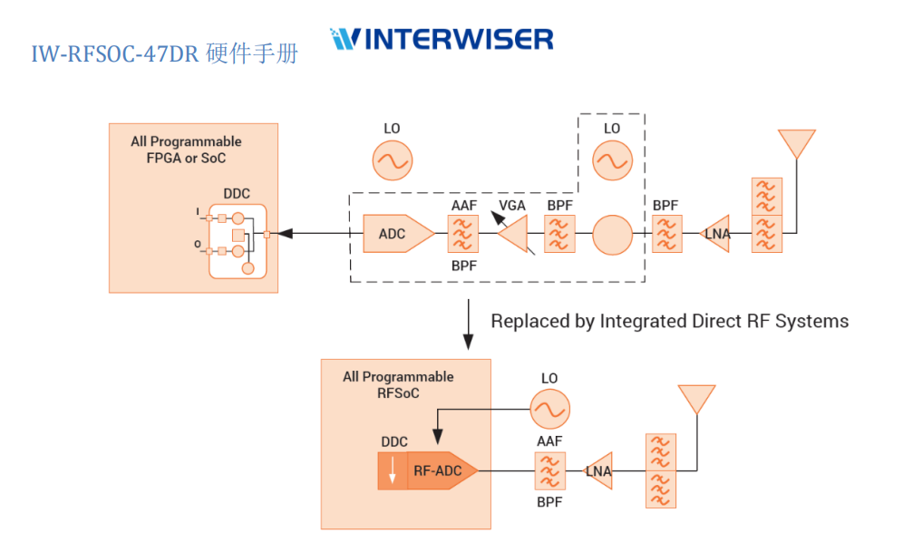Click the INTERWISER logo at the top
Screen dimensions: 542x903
tap(442, 38)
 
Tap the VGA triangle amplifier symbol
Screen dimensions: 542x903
tap(514, 235)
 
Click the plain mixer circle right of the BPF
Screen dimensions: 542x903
tap(612, 234)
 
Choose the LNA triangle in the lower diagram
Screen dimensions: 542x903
tap(598, 471)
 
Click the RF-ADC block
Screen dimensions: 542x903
tap(441, 471)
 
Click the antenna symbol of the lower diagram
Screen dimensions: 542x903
tap(696, 399)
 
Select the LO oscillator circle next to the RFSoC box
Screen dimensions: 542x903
tap(549, 409)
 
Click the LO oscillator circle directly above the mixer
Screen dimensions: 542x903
tap(612, 160)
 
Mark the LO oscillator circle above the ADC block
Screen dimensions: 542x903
tap(392, 160)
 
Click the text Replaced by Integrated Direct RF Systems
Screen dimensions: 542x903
tap(669, 321)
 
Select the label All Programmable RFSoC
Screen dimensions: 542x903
tap(398, 384)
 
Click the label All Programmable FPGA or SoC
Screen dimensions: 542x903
tap(187, 150)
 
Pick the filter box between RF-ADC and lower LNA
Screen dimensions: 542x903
tap(547, 471)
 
